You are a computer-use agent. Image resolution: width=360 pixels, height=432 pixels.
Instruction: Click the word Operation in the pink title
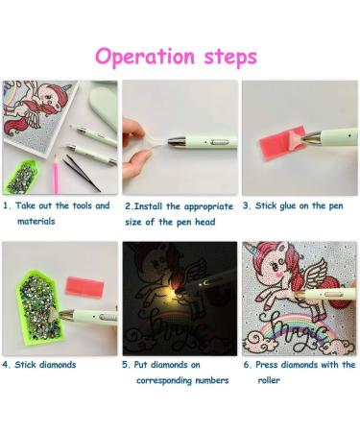[145, 57]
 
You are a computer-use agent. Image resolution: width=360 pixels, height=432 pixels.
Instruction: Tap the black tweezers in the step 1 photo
[82, 174]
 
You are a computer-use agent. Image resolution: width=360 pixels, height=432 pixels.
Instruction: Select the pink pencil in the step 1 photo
[56, 175]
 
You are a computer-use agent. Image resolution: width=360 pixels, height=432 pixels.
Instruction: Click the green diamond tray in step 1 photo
[22, 177]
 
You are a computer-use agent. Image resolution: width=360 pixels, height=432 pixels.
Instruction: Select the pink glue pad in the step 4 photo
[84, 286]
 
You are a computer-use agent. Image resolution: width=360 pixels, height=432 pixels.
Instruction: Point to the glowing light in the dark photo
[175, 292]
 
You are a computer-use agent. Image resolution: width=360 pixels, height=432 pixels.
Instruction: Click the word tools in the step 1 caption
[83, 205]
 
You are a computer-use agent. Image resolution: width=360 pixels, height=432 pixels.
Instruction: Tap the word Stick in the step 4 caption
[25, 365]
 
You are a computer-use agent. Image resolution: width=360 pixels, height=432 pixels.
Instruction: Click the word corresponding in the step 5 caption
[164, 381]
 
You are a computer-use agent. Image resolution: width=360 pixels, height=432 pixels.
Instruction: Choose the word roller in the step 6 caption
[269, 380]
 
